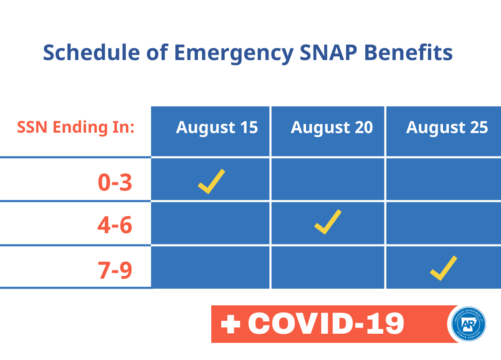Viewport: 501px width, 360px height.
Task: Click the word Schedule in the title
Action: pyautogui.click(x=91, y=52)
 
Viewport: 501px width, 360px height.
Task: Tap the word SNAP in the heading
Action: pyautogui.click(x=328, y=52)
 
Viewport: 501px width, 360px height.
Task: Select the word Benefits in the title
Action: pyautogui.click(x=408, y=52)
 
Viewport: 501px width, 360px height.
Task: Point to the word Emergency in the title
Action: pyautogui.click(x=234, y=54)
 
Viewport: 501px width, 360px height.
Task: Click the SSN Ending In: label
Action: pyautogui.click(x=76, y=127)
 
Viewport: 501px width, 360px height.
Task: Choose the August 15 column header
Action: pyautogui.click(x=217, y=128)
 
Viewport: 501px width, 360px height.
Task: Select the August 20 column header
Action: pyautogui.click(x=332, y=128)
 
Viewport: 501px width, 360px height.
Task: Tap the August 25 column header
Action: pyautogui.click(x=447, y=128)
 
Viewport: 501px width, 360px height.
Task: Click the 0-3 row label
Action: pyautogui.click(x=115, y=182)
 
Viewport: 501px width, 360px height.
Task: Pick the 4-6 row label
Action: pyautogui.click(x=115, y=225)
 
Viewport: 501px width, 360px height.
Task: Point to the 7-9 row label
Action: pyautogui.click(x=115, y=270)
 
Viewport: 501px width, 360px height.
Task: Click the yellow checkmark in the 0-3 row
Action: pyautogui.click(x=211, y=181)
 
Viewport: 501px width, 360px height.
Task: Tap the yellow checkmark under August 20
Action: pyautogui.click(x=328, y=222)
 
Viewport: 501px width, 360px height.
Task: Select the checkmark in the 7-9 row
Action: pyautogui.click(x=443, y=268)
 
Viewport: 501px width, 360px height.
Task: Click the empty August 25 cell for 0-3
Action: pyautogui.click(x=444, y=179)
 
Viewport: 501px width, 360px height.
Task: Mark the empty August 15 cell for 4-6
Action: pyautogui.click(x=210, y=223)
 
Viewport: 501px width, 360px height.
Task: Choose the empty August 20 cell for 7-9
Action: pyautogui.click(x=328, y=267)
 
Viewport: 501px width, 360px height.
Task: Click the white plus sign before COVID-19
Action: pyautogui.click(x=230, y=324)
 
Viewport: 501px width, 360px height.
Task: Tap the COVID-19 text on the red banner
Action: pyautogui.click(x=326, y=323)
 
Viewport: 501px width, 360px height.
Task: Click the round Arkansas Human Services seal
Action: pyautogui.click(x=469, y=324)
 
